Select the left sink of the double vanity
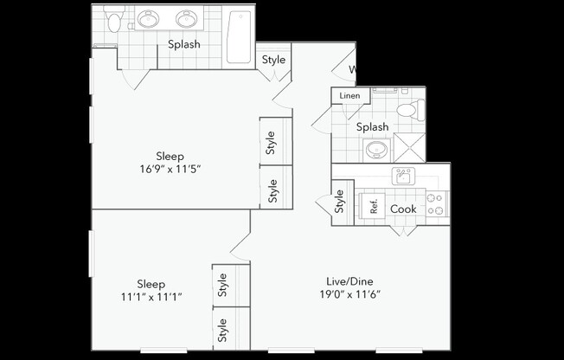[x=151, y=19]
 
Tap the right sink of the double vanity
[x=185, y=19]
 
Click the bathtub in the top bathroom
[x=240, y=37]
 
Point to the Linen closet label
[x=349, y=95]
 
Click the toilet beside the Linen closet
[x=409, y=109]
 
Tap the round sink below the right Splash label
[x=376, y=150]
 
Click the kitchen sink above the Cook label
[x=403, y=177]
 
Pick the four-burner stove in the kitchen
[x=435, y=204]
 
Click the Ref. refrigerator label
[x=374, y=208]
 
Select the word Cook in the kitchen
[x=403, y=209]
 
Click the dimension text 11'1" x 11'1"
[x=151, y=297]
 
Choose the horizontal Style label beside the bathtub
[x=273, y=60]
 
